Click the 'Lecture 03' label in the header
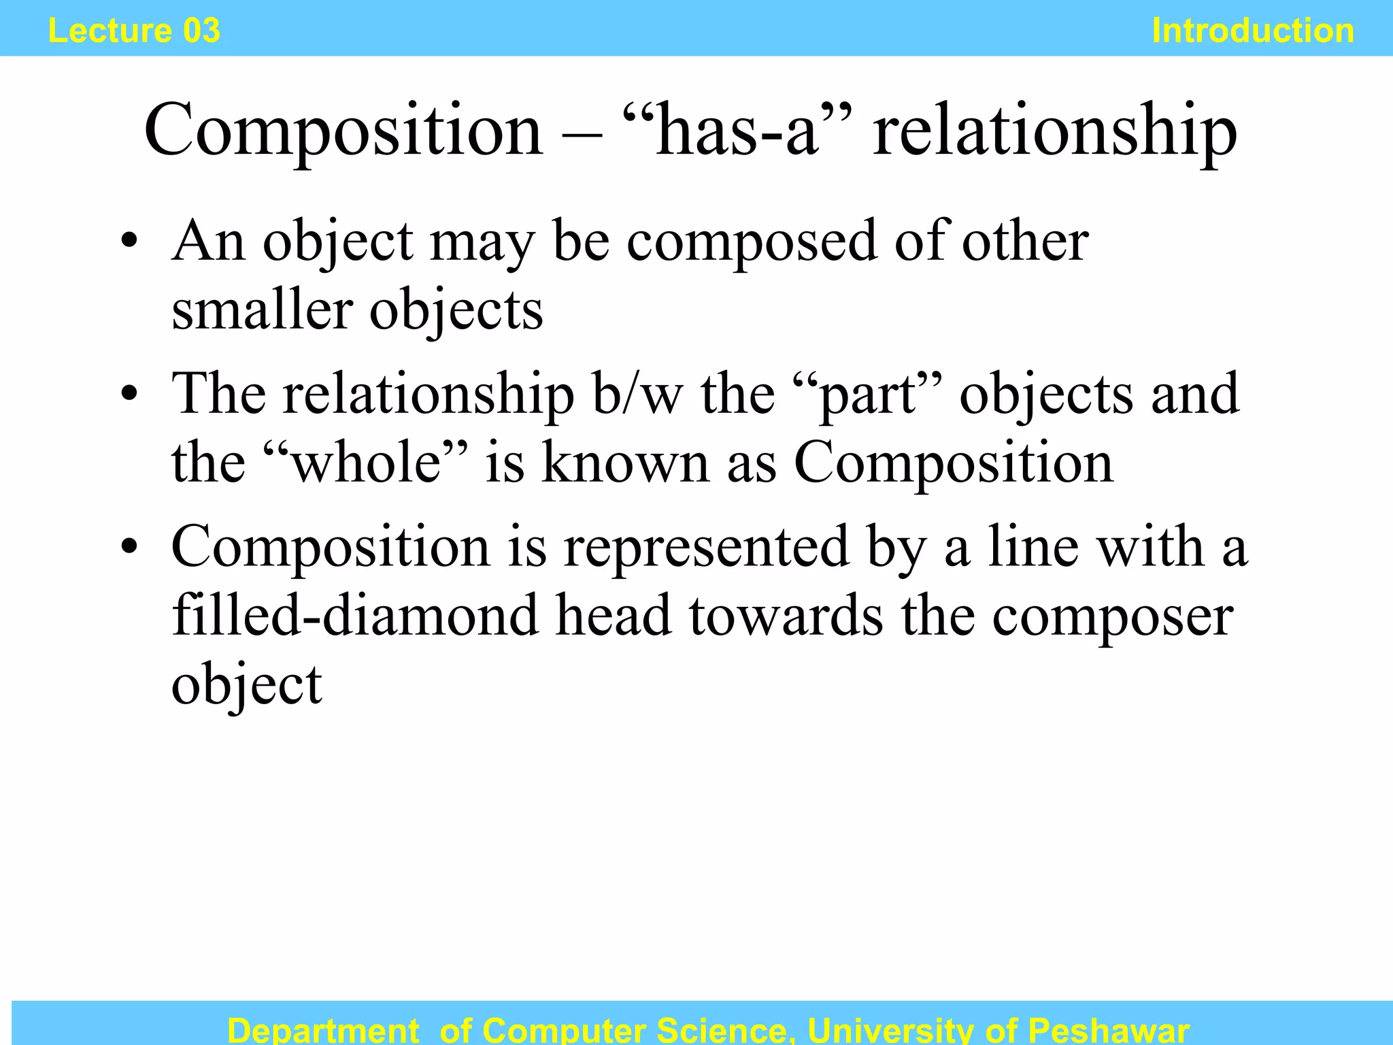[134, 31]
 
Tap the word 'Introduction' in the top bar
[1253, 31]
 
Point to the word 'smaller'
[262, 310]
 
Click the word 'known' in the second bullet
[625, 463]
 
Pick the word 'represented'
[706, 548]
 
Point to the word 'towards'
[786, 615]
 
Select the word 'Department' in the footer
[323, 1031]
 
